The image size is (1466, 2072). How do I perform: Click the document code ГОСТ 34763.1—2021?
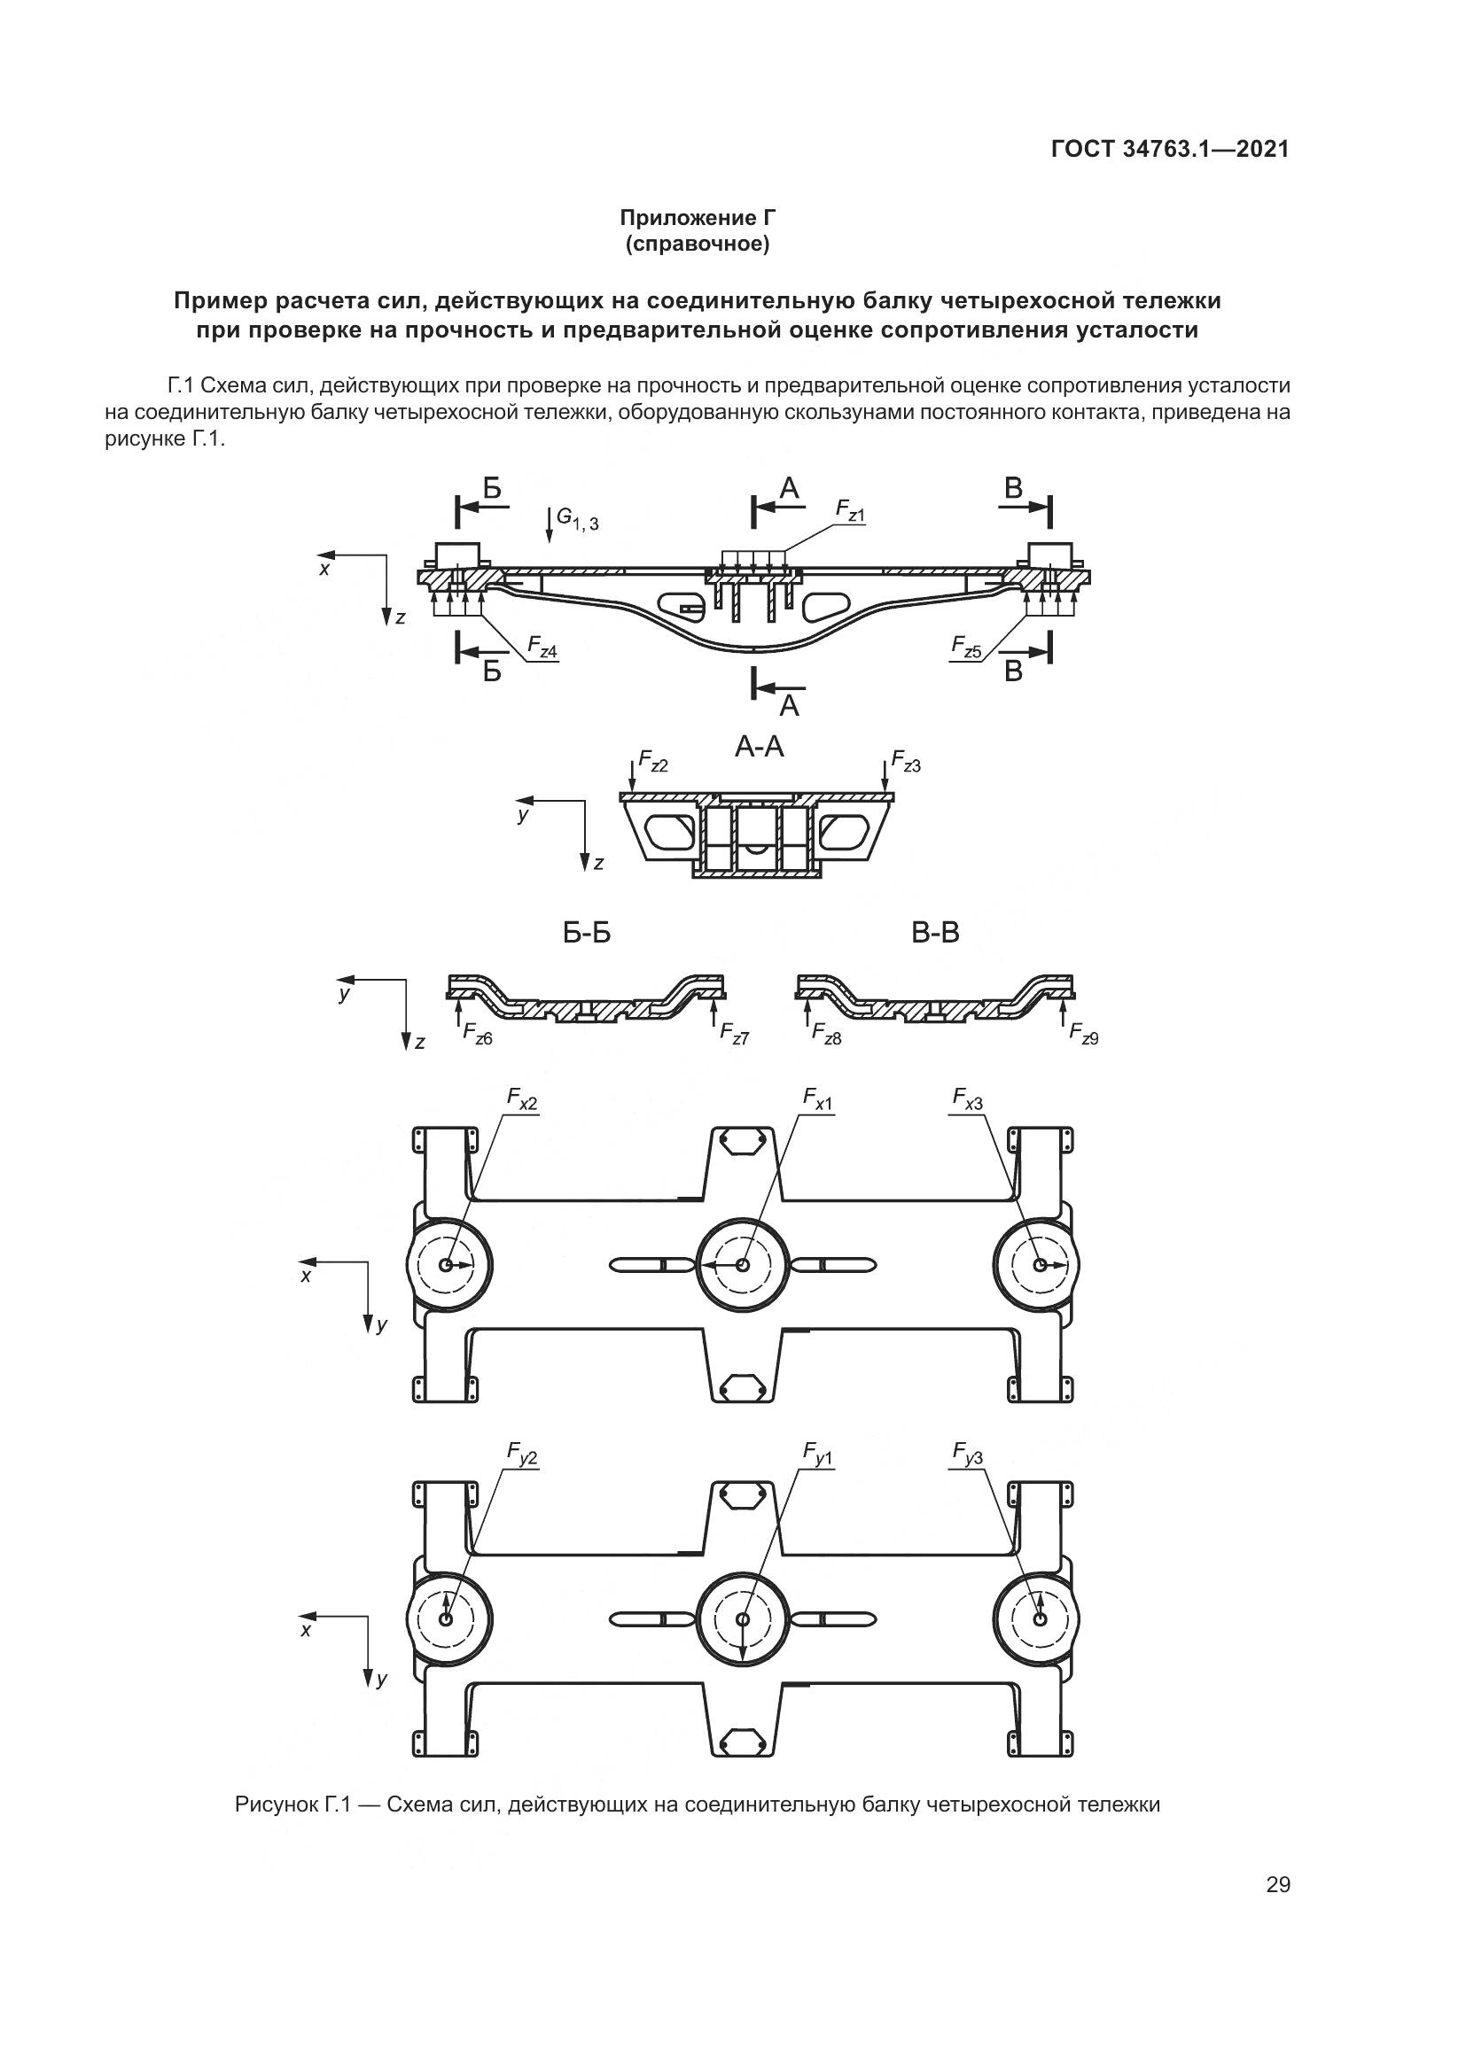pos(1170,149)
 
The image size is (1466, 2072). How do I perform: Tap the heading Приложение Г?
pos(698,218)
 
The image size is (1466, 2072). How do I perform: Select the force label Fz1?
pos(849,513)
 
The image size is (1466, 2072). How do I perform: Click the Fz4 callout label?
pos(542,647)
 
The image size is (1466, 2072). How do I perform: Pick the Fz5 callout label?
pos(966,646)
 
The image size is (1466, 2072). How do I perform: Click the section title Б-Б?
pos(587,933)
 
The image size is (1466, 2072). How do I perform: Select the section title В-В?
pos(935,933)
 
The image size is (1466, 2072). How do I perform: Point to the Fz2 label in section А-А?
pos(652,762)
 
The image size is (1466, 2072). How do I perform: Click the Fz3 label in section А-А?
pos(906,762)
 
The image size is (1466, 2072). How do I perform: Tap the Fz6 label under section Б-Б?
pos(478,1034)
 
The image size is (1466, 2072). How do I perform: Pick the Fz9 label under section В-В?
pos(1083,1034)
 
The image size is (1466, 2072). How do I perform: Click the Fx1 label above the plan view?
pos(818,1098)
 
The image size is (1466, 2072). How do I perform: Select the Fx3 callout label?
pos(967,1098)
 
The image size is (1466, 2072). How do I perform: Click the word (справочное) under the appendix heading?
pos(698,244)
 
